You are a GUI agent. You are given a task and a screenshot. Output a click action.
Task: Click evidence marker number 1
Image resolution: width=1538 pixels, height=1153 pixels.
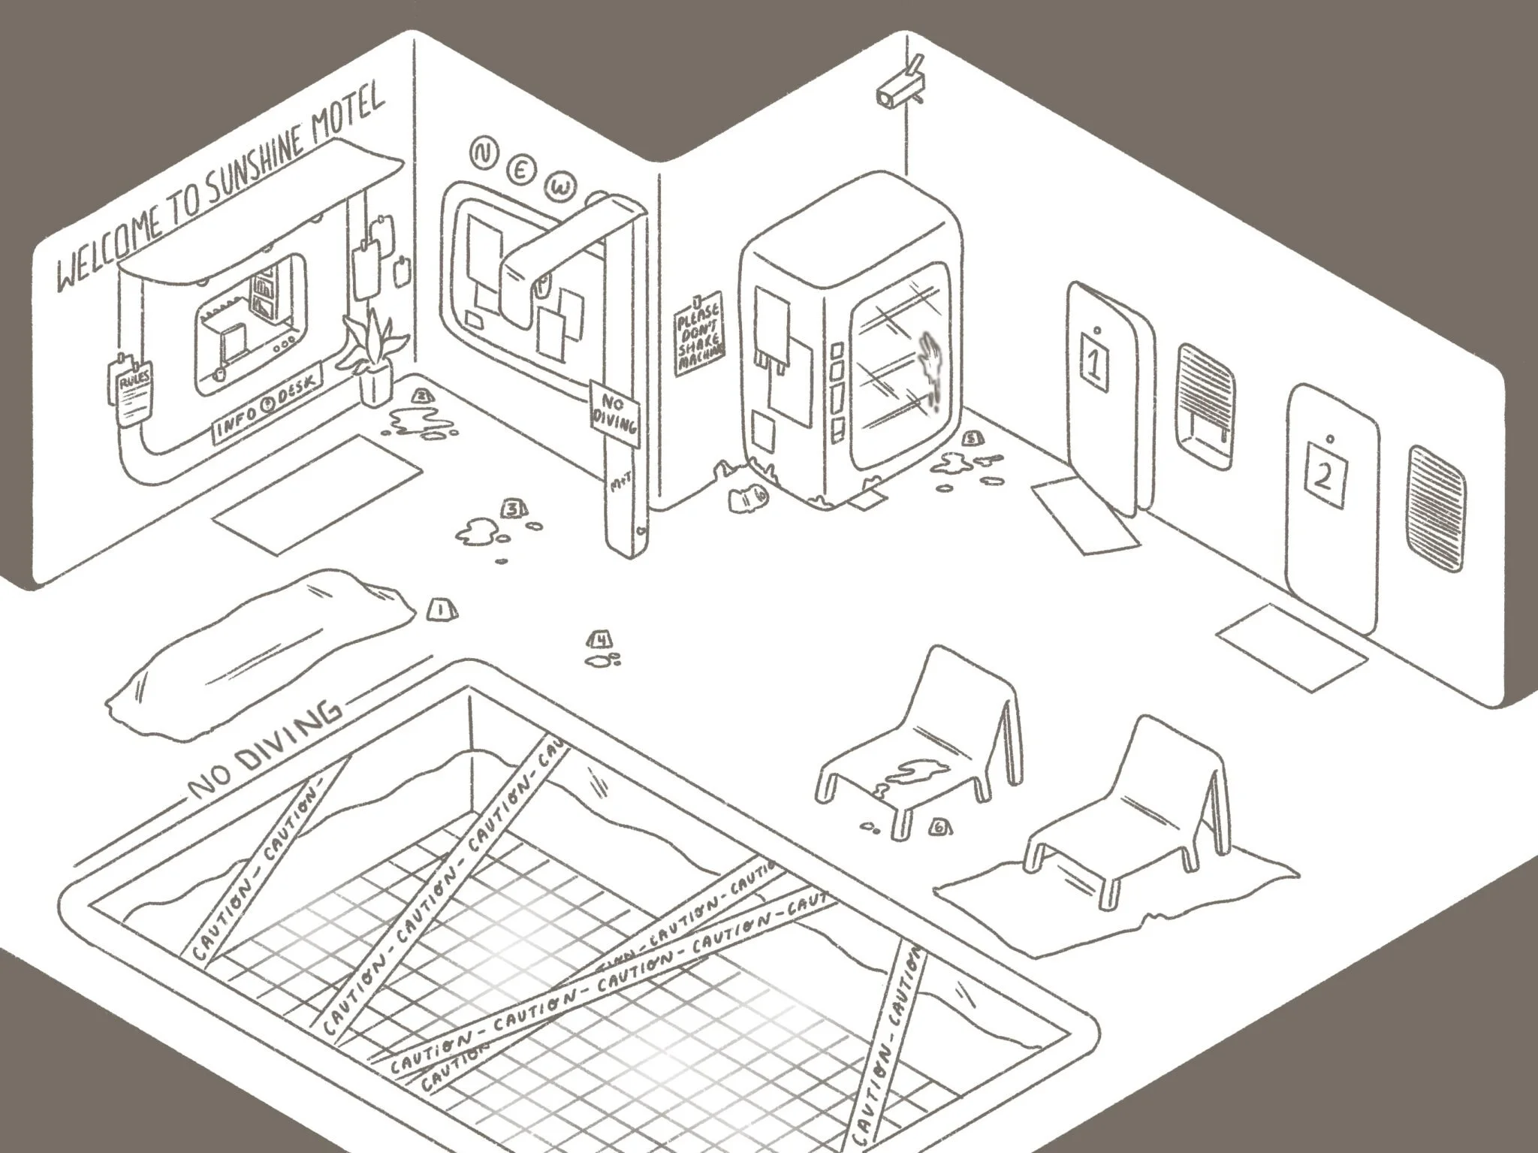click(439, 608)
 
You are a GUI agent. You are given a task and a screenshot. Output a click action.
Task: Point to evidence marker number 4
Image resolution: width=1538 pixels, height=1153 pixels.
click(600, 639)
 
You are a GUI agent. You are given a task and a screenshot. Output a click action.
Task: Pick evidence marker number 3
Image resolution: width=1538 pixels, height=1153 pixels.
click(513, 509)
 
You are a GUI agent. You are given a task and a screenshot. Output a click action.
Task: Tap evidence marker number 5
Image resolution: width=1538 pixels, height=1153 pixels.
click(973, 437)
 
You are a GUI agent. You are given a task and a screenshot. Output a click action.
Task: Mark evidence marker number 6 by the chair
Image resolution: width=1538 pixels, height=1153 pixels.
click(939, 827)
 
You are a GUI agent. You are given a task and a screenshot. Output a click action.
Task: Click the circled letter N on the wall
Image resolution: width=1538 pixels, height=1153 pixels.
click(481, 152)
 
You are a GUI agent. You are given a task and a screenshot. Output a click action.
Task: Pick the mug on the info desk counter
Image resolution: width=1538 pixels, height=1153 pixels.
click(219, 373)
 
